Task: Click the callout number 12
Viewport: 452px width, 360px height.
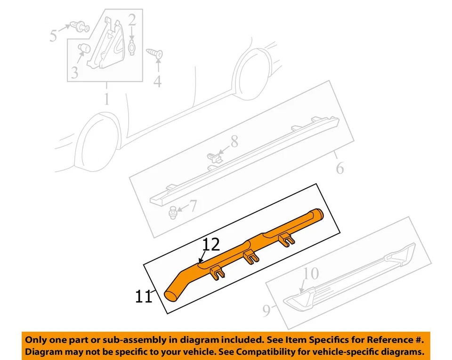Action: tap(212, 245)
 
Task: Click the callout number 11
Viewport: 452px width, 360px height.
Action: tap(144, 297)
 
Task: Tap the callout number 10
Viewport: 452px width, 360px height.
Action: tap(311, 273)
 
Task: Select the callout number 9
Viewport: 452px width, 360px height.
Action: tap(266, 310)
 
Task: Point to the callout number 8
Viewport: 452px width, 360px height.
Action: tap(234, 141)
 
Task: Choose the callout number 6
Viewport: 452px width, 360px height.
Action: tap(340, 168)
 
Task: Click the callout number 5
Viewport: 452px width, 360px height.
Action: tap(54, 35)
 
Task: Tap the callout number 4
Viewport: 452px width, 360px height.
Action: tap(157, 81)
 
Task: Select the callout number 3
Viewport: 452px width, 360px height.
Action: tap(75, 72)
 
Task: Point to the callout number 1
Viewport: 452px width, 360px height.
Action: tap(106, 99)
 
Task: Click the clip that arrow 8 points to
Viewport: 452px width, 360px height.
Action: tap(213, 158)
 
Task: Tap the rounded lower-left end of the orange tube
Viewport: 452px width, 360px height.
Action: tap(170, 295)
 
